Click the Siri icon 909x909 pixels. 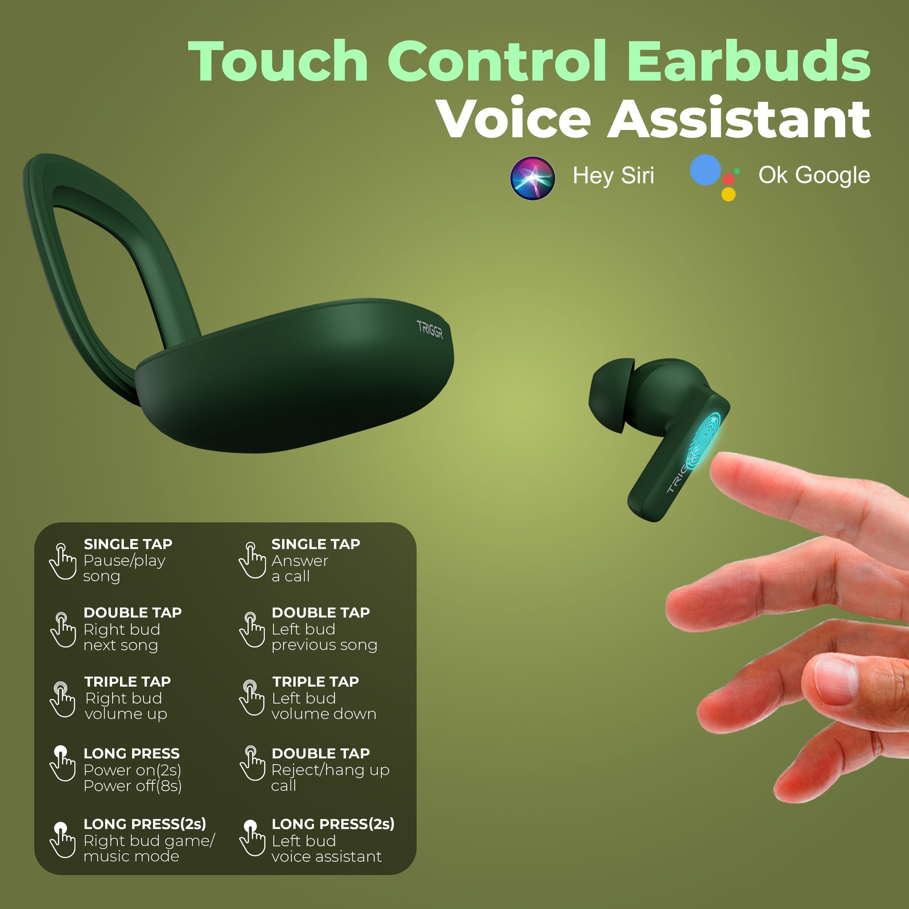pyautogui.click(x=533, y=178)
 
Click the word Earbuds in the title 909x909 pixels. pyautogui.click(x=749, y=61)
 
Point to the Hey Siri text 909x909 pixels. pyautogui.click(x=613, y=176)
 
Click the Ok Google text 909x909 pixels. pyautogui.click(x=814, y=176)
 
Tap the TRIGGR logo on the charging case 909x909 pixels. pyautogui.click(x=430, y=329)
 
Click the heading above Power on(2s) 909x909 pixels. pyautogui.click(x=132, y=753)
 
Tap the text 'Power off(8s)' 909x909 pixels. pyautogui.click(x=133, y=786)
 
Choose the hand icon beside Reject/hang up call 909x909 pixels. pyautogui.click(x=253, y=763)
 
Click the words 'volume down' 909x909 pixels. pyautogui.click(x=324, y=714)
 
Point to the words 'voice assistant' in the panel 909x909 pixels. pyautogui.click(x=327, y=856)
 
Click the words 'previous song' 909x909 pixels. pyautogui.click(x=324, y=645)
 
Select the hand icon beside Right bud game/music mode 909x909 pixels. pyautogui.click(x=63, y=840)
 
